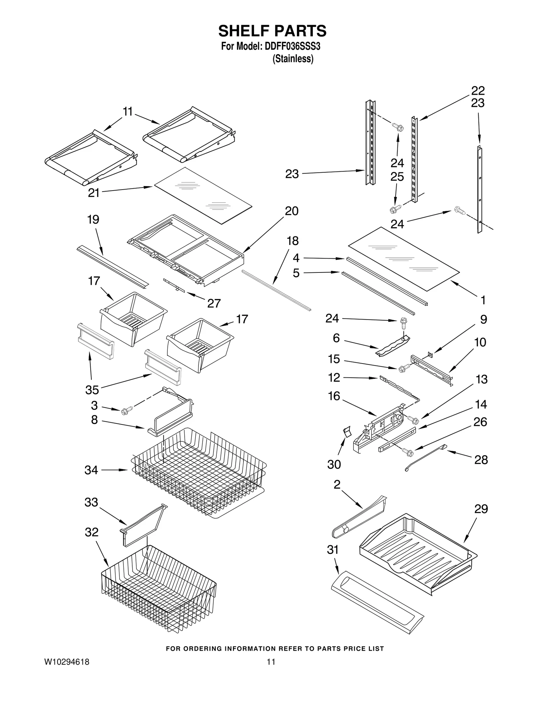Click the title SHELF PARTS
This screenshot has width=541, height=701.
point(272,31)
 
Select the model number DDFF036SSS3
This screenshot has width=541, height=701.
point(292,46)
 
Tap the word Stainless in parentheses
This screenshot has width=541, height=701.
point(293,59)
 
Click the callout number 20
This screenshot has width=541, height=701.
point(291,211)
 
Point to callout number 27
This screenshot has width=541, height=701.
point(214,303)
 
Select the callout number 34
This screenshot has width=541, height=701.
point(91,470)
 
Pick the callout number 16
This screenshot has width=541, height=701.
point(334,396)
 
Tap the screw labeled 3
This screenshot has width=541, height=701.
point(126,411)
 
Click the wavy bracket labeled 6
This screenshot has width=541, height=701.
point(392,346)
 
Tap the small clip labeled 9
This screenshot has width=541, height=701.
point(430,354)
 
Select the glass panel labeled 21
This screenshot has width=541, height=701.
point(203,196)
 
